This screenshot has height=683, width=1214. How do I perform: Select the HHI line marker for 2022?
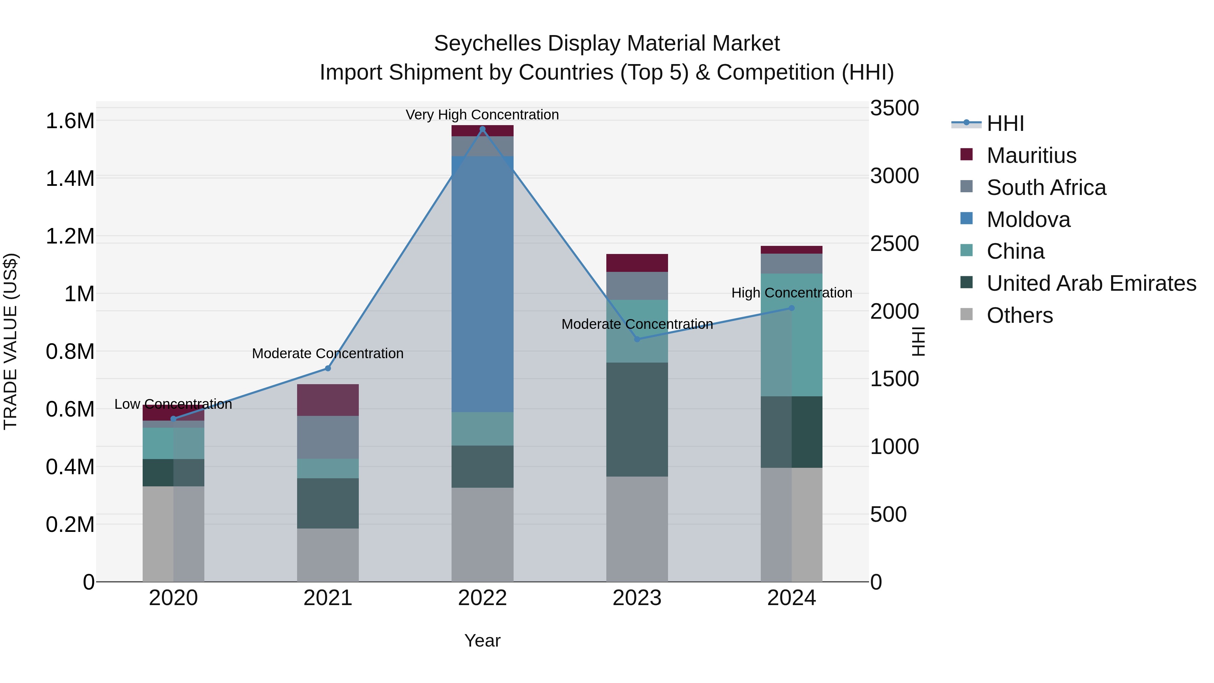coord(482,129)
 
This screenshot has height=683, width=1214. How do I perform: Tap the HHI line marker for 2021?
coord(328,368)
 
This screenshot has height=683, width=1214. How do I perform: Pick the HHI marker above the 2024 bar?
coord(791,308)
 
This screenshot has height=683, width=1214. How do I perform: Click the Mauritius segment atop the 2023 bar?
coord(637,262)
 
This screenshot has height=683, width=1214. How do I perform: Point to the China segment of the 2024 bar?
coord(791,335)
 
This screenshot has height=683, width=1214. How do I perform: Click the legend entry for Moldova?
coord(1028,220)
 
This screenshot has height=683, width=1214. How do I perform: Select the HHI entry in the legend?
coord(1005,123)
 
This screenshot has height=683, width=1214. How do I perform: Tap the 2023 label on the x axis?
coord(637,598)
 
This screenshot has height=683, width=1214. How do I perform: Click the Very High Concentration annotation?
coord(482,115)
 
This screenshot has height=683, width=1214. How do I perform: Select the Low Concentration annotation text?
coord(173,404)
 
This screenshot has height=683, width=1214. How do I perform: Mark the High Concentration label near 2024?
coord(791,293)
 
